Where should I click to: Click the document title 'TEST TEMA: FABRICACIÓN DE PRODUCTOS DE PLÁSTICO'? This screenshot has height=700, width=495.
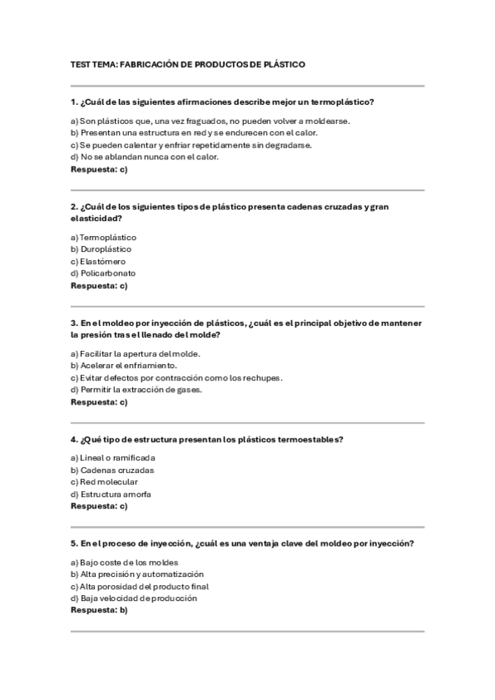pyautogui.click(x=188, y=64)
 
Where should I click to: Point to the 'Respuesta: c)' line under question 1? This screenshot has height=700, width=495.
pyautogui.click(x=99, y=169)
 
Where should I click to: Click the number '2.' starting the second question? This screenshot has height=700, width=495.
pyautogui.click(x=74, y=206)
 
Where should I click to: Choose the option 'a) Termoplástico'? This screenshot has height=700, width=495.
pyautogui.click(x=103, y=237)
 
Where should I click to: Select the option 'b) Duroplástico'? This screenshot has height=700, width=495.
pyautogui.click(x=101, y=248)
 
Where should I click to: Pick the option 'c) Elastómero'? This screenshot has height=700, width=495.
pyautogui.click(x=98, y=261)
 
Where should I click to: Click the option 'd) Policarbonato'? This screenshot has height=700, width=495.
pyautogui.click(x=103, y=273)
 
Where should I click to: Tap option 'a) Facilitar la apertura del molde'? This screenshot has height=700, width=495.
pyautogui.click(x=136, y=353)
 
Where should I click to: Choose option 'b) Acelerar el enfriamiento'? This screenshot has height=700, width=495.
pyautogui.click(x=123, y=366)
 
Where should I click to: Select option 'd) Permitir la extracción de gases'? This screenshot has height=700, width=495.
pyautogui.click(x=136, y=390)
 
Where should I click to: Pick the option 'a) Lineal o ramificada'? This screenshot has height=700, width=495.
pyautogui.click(x=112, y=457)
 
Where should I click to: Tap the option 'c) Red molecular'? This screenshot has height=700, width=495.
pyautogui.click(x=104, y=482)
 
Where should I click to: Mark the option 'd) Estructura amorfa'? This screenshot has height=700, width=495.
pyautogui.click(x=111, y=494)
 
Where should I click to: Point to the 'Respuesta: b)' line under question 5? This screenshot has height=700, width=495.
pyautogui.click(x=99, y=611)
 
